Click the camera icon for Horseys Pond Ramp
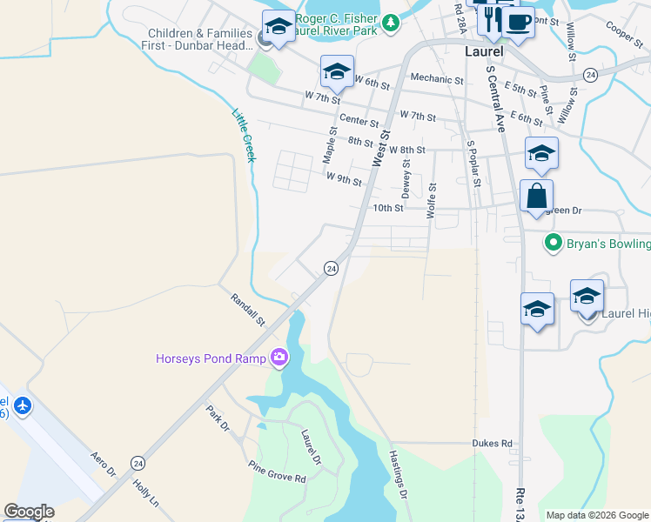point(279,357)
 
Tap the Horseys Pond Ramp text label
point(212,358)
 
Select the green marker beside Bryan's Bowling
point(551,242)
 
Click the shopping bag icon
point(536,195)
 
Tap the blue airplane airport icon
point(23,405)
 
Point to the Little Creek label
point(244,134)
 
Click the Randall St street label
point(248,310)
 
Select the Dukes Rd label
point(493,443)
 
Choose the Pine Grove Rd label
point(277,472)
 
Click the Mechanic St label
point(436,79)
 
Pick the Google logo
point(29,512)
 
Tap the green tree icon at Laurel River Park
point(392,21)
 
